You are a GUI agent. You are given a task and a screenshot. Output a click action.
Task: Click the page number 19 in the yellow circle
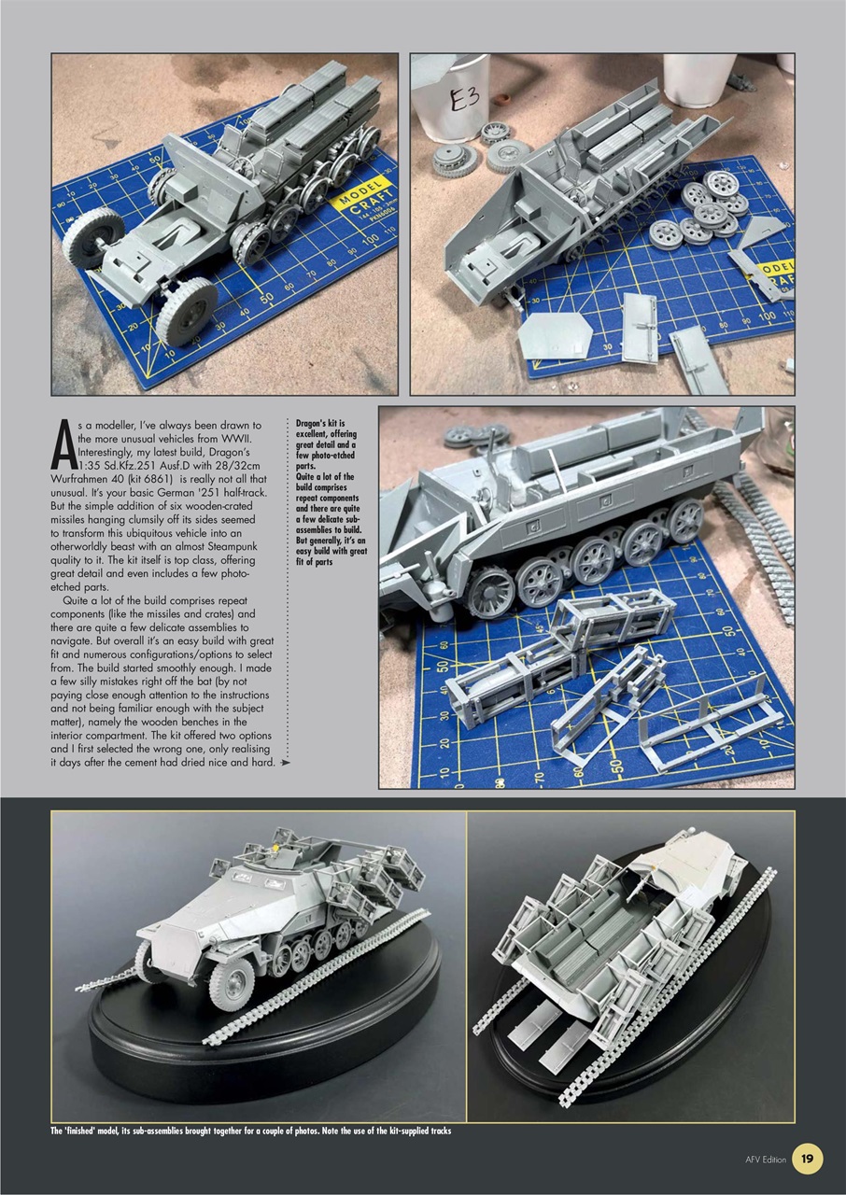coord(807,1160)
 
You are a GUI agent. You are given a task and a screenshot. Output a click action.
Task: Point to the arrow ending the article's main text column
coord(285,763)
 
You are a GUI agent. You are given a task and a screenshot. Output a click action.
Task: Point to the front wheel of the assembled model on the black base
coord(230,983)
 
